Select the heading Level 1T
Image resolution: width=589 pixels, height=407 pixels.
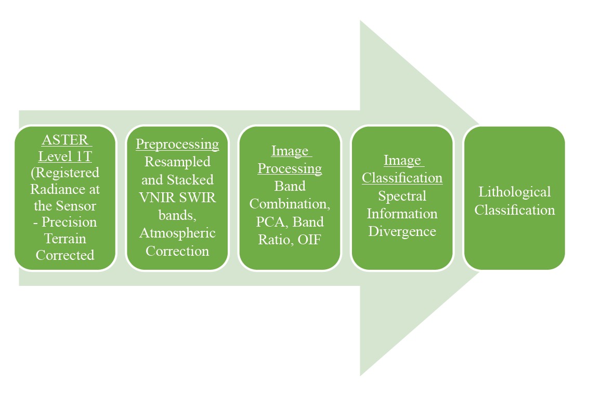click(65, 157)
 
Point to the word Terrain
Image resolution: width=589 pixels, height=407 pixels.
click(65, 239)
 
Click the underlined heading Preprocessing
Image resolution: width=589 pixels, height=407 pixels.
click(177, 144)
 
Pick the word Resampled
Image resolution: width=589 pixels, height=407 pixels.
click(177, 162)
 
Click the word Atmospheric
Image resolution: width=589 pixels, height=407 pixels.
click(177, 233)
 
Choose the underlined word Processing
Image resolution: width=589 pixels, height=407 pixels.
click(290, 168)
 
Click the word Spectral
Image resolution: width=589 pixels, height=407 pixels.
click(402, 196)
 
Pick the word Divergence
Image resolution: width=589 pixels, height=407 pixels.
click(402, 231)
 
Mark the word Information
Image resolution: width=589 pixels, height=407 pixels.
click(402, 214)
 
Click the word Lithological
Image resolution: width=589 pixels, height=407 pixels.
click(514, 192)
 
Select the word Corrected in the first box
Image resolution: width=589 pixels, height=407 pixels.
click(65, 255)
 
